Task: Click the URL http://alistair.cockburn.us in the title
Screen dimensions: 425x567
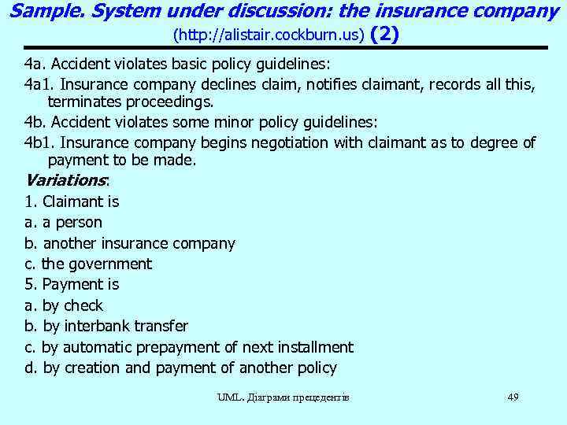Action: click(x=268, y=36)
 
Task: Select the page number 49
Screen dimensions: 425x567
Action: click(x=513, y=397)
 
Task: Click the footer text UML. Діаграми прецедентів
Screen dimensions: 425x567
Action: click(x=283, y=397)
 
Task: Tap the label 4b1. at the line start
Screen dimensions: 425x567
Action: click(x=39, y=142)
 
